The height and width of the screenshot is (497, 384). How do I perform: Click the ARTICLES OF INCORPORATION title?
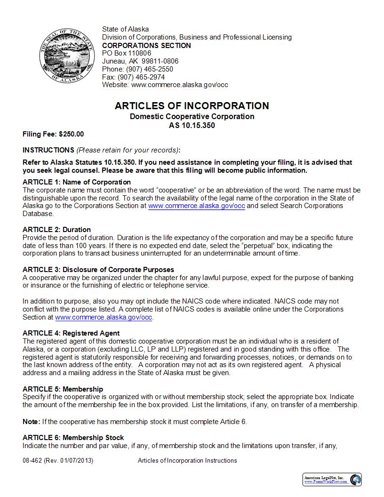tap(192, 106)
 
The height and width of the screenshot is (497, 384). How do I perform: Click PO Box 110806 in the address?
tap(127, 53)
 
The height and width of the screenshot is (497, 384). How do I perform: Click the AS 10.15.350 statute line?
tap(192, 126)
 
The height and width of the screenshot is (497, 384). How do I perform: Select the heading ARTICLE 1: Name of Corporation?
tap(77, 182)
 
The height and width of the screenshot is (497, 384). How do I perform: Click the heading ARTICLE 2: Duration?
tap(56, 230)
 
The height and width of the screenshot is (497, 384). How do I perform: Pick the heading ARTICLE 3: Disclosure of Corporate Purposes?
tap(98, 270)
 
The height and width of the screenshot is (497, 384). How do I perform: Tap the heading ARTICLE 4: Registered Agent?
tap(71, 333)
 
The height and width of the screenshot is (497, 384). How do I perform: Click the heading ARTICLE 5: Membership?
tap(63, 389)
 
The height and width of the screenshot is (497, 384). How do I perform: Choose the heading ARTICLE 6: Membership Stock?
tap(73, 438)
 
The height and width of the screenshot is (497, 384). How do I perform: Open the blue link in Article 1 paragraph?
tap(197, 206)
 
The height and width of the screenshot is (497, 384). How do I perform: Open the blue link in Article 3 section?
tap(104, 318)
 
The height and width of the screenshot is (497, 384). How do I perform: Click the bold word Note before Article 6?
tap(31, 422)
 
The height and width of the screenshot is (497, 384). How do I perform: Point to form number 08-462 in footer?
tap(32, 461)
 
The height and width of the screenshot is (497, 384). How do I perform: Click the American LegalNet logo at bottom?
tap(332, 480)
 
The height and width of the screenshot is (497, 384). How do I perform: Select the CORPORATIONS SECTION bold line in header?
tap(146, 46)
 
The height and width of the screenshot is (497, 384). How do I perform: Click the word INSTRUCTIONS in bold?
tap(48, 150)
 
